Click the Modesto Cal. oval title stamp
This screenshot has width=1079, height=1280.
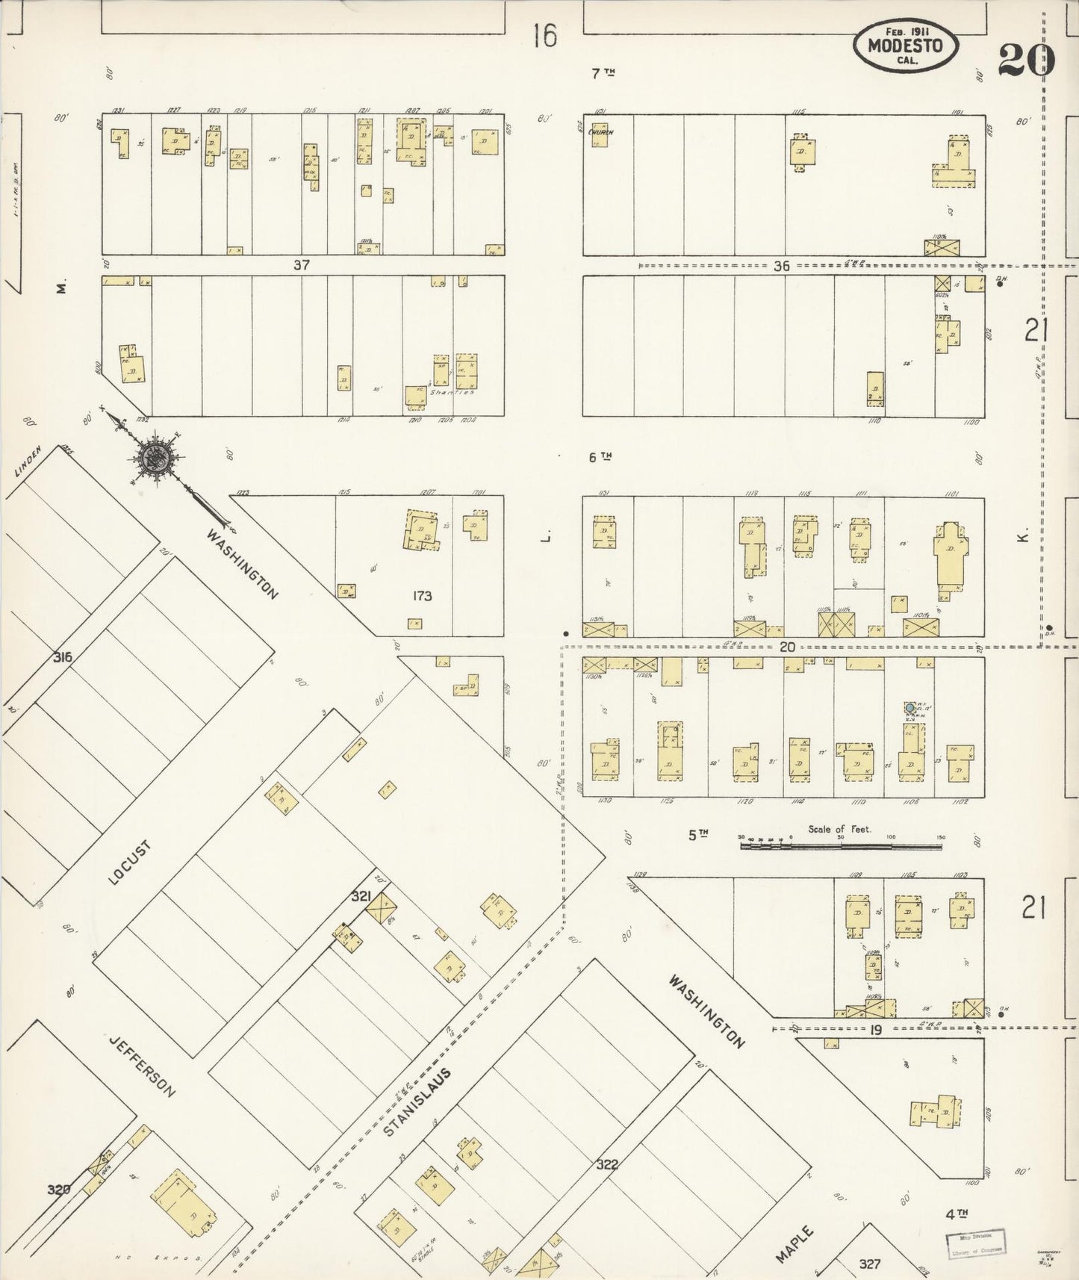click(x=906, y=45)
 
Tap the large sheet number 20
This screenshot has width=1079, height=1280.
click(x=1026, y=60)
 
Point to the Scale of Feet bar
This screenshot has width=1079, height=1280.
click(x=841, y=846)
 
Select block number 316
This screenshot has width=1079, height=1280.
click(x=62, y=657)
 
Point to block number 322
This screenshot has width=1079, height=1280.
click(x=607, y=1164)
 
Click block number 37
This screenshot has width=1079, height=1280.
click(x=301, y=264)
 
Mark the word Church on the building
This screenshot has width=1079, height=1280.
click(x=600, y=131)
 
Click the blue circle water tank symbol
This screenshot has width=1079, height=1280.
click(x=909, y=706)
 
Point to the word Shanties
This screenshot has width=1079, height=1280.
click(x=455, y=392)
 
